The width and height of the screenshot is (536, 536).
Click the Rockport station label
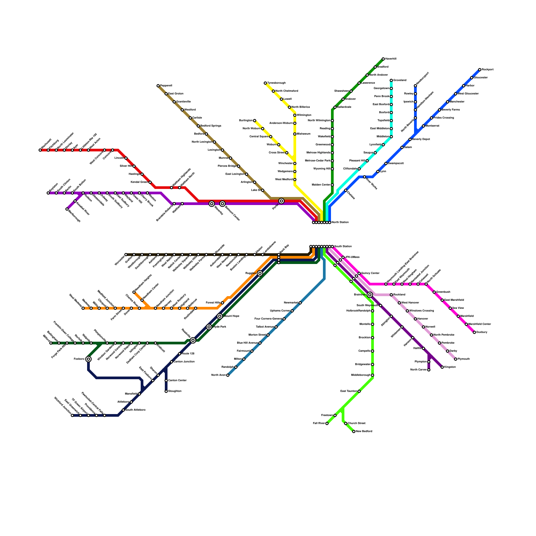click(487, 70)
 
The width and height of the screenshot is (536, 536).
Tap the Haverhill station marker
click(383, 59)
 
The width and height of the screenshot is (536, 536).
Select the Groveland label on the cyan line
click(400, 80)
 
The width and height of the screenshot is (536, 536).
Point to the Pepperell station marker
click(158, 86)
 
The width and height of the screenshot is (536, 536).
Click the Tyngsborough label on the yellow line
click(276, 83)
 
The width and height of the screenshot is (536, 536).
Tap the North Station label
click(340, 222)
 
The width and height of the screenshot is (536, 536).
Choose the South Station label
click(343, 247)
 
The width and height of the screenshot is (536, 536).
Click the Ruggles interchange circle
click(260, 273)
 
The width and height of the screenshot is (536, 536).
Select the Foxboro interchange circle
click(88, 359)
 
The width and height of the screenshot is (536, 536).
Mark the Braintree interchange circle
click(370, 295)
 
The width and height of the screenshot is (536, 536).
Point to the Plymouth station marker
click(456, 359)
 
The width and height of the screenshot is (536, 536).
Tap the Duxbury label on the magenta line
click(482, 332)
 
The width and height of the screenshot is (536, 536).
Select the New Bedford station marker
click(354, 431)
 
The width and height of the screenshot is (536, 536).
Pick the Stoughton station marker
click(166, 391)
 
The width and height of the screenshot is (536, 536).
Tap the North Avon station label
click(218, 375)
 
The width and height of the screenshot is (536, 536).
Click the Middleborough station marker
click(373, 375)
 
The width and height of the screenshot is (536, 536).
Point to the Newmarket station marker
click(300, 303)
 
